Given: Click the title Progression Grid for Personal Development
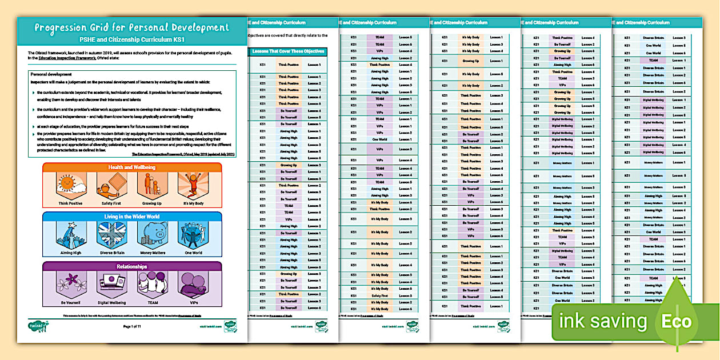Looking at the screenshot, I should click(x=131, y=27).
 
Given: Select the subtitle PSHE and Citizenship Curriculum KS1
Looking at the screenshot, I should click(x=131, y=40).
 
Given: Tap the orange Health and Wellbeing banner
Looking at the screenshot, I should click(x=132, y=167).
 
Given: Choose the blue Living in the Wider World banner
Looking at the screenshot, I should click(x=132, y=217).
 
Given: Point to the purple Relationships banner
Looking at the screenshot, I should click(x=132, y=266).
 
